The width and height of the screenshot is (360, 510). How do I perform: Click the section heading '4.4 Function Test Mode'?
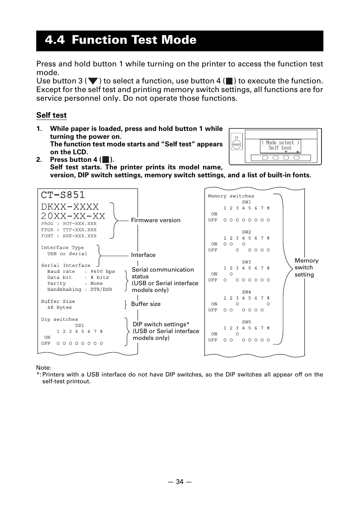click(x=120, y=40)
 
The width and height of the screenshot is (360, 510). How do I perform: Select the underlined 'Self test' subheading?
click(x=51, y=115)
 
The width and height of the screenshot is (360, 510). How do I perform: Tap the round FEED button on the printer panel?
click(x=237, y=145)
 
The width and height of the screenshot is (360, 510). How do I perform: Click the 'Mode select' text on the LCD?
click(x=280, y=143)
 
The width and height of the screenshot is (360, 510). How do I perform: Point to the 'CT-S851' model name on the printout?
click(x=63, y=195)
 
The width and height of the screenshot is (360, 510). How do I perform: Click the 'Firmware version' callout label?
click(x=155, y=220)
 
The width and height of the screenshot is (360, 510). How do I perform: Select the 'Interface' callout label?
click(x=143, y=255)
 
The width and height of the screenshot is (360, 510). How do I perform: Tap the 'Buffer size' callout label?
click(x=146, y=304)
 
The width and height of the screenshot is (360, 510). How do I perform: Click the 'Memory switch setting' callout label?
click(x=306, y=267)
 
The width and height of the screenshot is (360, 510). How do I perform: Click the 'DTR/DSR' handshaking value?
click(x=101, y=290)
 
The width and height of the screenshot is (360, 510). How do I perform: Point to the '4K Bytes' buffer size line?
click(x=59, y=307)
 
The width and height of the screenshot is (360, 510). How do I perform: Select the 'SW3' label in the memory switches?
click(x=246, y=262)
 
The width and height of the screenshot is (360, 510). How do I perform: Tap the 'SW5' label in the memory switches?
click(x=246, y=322)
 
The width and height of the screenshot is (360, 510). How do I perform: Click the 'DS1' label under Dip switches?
click(x=79, y=326)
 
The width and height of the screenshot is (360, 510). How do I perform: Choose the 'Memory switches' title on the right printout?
click(x=231, y=196)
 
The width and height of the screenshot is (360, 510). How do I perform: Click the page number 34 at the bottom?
click(x=180, y=482)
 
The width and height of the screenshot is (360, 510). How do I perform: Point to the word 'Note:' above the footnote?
click(x=44, y=368)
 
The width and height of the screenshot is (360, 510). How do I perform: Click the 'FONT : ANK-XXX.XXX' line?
click(x=69, y=236)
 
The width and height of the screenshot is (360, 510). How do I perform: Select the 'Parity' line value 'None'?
click(x=97, y=284)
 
